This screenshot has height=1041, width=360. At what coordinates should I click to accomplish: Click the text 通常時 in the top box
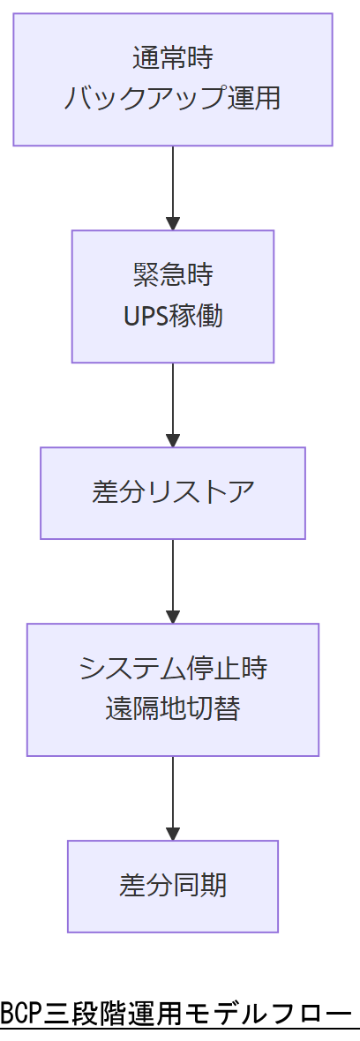pos(172,59)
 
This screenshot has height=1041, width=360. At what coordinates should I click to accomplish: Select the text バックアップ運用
pos(172,99)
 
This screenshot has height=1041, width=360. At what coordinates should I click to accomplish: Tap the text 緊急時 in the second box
pos(172,275)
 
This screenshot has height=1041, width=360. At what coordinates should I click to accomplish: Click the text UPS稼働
pos(172,316)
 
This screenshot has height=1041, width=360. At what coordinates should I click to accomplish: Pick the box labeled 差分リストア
pos(172,492)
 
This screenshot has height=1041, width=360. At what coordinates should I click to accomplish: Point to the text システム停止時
pos(172,669)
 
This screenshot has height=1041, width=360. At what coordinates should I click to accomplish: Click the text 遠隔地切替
pos(172,708)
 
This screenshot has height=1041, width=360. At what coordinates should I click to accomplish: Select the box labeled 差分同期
pos(172,886)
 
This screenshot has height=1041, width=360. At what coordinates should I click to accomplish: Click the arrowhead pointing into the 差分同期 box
pos(173,833)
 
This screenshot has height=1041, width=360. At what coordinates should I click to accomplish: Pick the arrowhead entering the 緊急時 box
pos(173,223)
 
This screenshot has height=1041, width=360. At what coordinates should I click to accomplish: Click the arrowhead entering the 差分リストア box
pos(173,440)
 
